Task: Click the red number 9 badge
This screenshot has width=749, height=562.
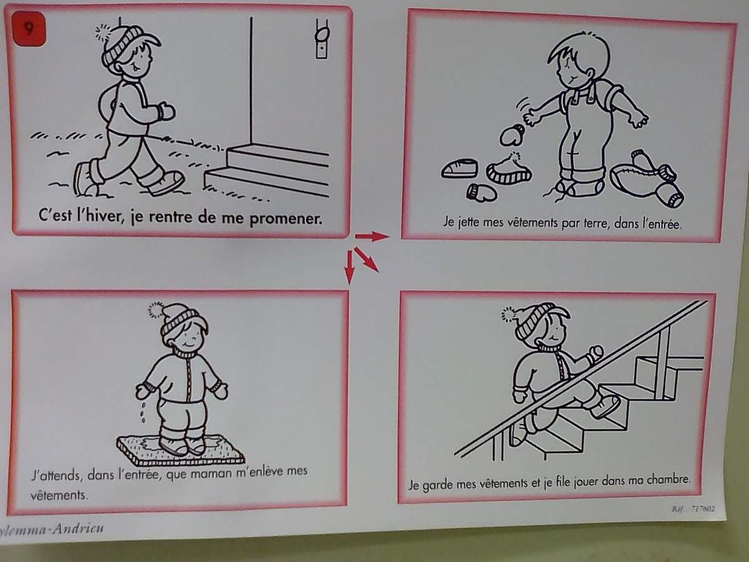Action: click(x=29, y=29)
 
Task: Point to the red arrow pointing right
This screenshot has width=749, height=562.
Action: click(x=372, y=236)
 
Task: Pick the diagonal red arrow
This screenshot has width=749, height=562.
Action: click(x=366, y=260)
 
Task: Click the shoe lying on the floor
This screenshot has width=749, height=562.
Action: click(x=459, y=169)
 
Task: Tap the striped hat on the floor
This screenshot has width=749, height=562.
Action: click(x=509, y=169)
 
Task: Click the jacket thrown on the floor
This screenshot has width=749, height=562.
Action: click(x=647, y=178)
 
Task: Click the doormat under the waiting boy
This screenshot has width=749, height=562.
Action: click(x=180, y=450)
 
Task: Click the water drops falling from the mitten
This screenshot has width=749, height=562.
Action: click(x=144, y=413)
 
